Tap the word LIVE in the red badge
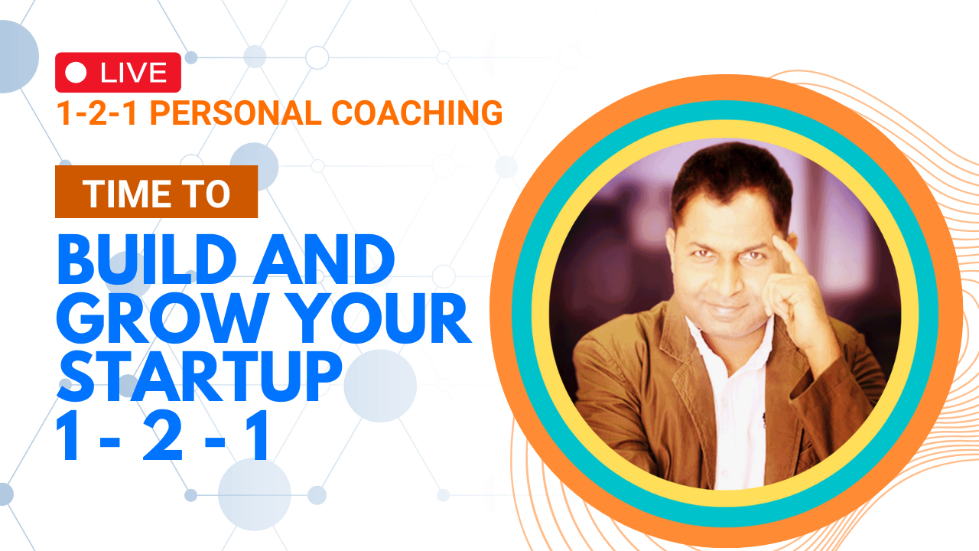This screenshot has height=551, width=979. click(x=133, y=73)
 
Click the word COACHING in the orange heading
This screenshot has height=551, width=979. click(x=417, y=112)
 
